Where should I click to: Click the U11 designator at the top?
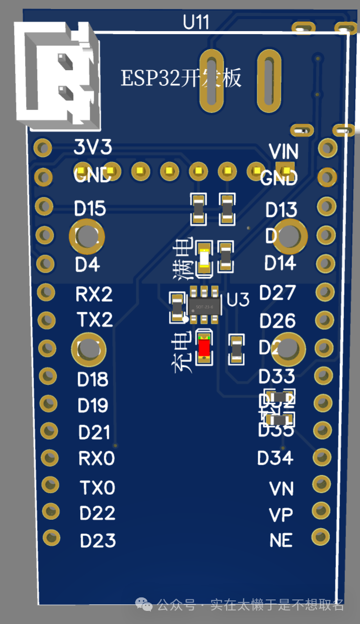[x=196, y=23]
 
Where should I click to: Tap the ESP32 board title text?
[x=181, y=79]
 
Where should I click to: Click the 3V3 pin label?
[x=93, y=147]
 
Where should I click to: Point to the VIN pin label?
[x=284, y=151]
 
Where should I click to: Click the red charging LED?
[x=204, y=347]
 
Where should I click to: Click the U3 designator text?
[x=238, y=300]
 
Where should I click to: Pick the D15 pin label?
[x=90, y=209]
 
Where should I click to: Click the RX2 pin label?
[x=94, y=294]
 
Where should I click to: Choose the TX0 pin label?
[x=97, y=487]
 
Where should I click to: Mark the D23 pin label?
[x=98, y=540]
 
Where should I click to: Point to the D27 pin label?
[x=278, y=293]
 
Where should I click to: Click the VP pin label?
[x=281, y=515]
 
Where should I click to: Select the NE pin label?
[x=281, y=540]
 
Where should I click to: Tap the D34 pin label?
[x=275, y=458]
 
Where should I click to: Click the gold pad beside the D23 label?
[x=52, y=538]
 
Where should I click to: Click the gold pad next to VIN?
[x=328, y=148]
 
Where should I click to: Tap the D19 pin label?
[x=93, y=405]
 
